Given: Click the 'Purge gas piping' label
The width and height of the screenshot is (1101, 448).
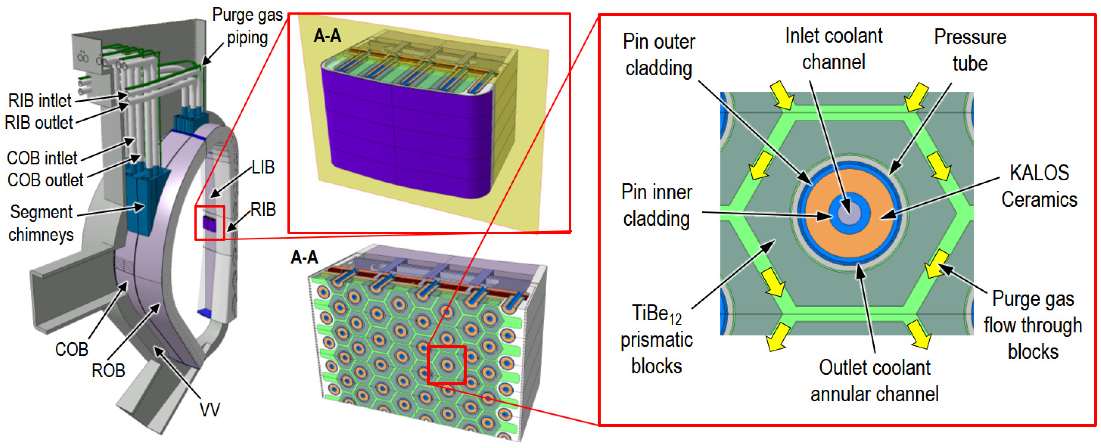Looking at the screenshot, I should pyautogui.click(x=247, y=26).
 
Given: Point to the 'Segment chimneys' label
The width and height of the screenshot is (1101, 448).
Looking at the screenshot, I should pyautogui.click(x=41, y=223).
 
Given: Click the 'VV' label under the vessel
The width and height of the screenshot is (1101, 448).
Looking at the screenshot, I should pyautogui.click(x=210, y=409).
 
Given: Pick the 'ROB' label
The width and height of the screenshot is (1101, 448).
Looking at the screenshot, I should pyautogui.click(x=108, y=370).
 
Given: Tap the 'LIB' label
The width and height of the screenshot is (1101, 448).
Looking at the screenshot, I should pyautogui.click(x=263, y=167).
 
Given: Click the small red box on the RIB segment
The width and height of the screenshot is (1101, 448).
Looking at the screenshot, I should pyautogui.click(x=210, y=223).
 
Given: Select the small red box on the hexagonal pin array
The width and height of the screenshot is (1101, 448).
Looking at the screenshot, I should pyautogui.click(x=447, y=365).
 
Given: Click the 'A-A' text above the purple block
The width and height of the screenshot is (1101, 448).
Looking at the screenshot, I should pyautogui.click(x=327, y=36).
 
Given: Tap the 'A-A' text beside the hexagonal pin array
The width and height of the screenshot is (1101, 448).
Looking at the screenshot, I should pyautogui.click(x=304, y=257).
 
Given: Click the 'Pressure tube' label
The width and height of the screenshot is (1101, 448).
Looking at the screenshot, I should pyautogui.click(x=970, y=50).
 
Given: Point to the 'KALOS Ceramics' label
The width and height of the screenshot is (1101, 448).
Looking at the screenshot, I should pyautogui.click(x=1039, y=186).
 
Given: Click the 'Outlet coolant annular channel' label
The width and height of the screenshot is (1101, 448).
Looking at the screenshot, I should pyautogui.click(x=875, y=381).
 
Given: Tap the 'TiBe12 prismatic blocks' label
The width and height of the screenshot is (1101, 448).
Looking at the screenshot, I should pyautogui.click(x=656, y=339).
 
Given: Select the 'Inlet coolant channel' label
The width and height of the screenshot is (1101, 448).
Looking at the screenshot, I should pyautogui.click(x=833, y=49).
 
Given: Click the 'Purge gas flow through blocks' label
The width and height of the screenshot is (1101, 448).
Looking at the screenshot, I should pyautogui.click(x=1033, y=325).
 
